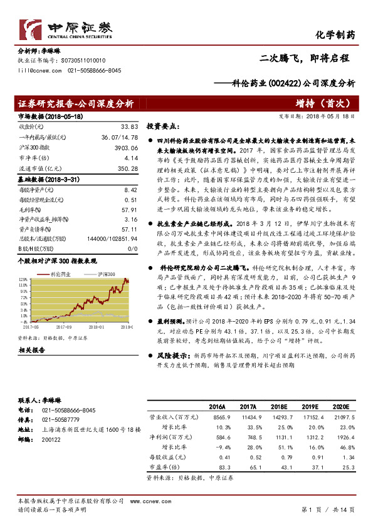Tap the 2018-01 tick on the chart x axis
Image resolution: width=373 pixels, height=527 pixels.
coord(96,326)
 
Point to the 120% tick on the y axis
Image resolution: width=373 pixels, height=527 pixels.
coord(23,279)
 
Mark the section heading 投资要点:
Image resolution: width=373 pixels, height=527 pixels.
coord(162,126)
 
